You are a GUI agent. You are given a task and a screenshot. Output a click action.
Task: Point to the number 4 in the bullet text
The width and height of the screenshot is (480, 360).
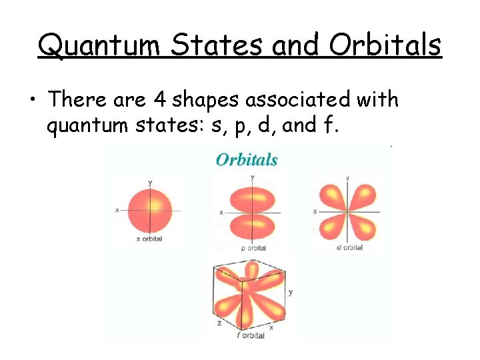coord(159,100)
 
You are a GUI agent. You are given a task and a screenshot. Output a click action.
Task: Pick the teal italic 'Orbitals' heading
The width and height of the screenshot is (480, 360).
coord(247,159)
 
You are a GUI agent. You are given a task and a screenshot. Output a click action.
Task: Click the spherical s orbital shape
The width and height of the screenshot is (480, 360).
coord(149,210)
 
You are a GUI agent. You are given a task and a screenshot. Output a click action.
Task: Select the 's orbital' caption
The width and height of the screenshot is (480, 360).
coord(149,239)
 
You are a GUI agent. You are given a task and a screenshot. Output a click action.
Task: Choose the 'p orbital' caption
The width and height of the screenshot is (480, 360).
coord(253,248)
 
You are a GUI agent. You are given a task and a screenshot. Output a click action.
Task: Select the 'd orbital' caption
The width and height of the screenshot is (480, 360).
coord(349,247)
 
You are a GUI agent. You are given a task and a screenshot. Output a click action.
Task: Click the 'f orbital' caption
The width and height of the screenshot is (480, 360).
coord(251,335)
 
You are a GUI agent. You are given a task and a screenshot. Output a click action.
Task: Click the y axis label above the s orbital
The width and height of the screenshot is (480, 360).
coord(150,182)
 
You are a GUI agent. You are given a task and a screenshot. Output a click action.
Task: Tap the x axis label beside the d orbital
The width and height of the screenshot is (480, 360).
coord(315,211)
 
